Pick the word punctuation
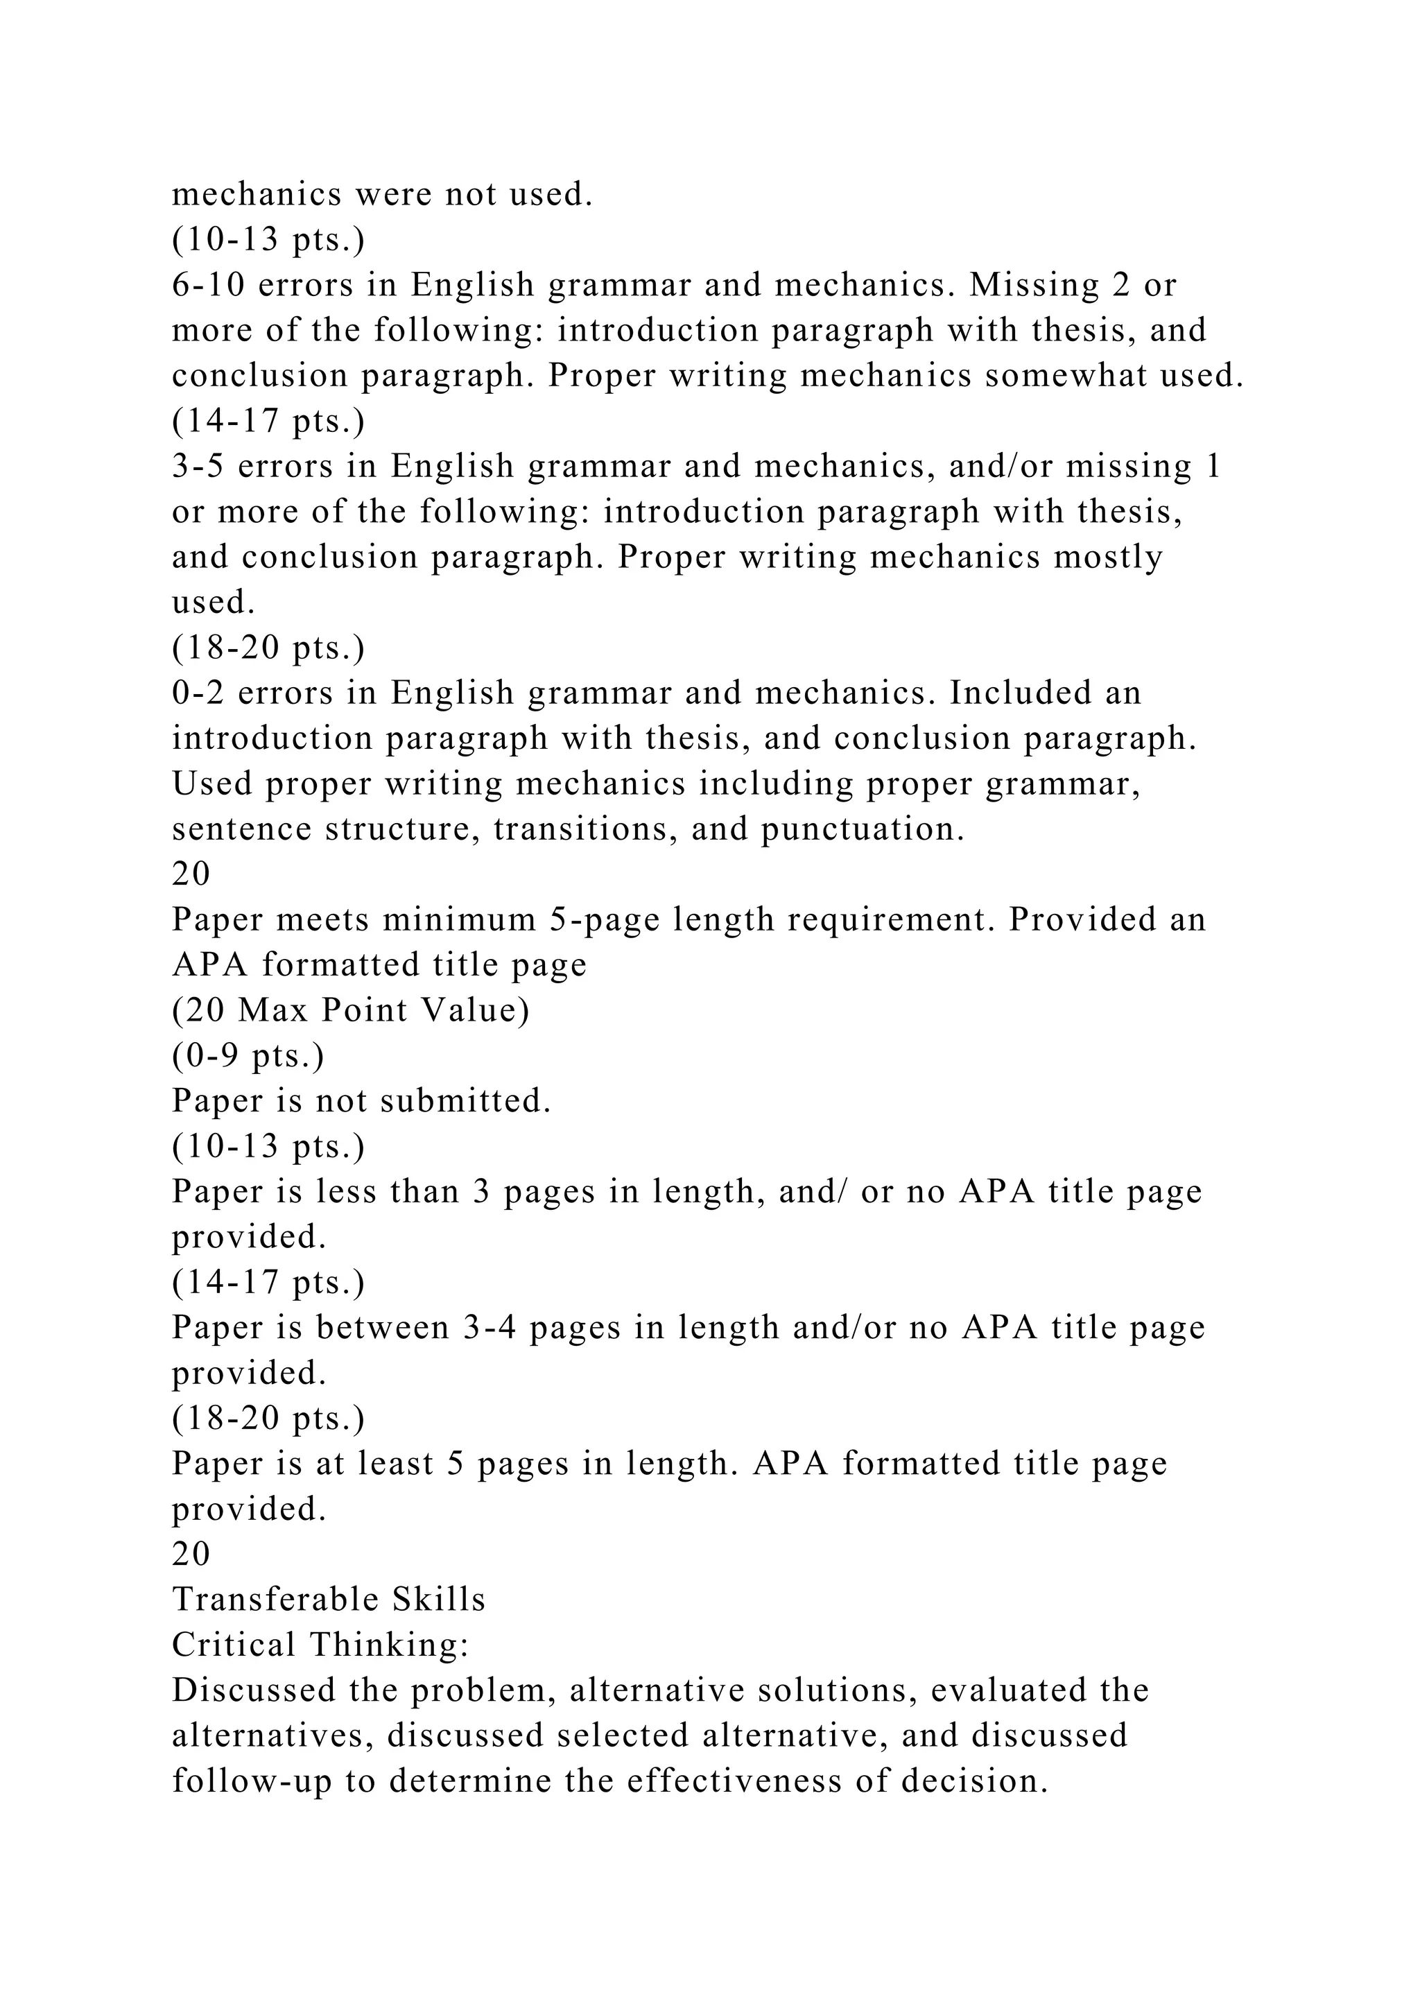click(862, 828)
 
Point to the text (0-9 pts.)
click(248, 1055)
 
